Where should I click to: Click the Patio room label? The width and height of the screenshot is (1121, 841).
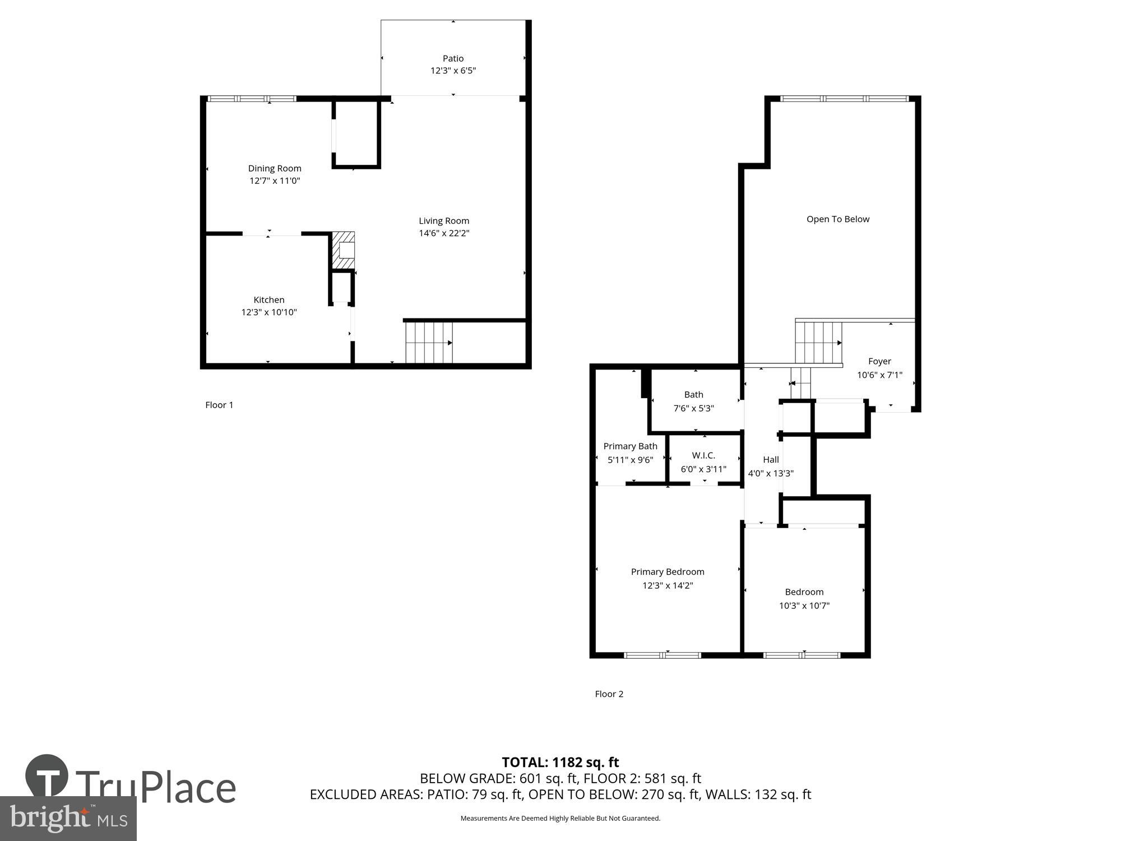pyautogui.click(x=453, y=58)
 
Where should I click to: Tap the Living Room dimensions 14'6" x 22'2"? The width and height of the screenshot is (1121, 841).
pyautogui.click(x=444, y=233)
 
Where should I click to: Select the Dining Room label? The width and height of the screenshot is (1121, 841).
pyautogui.click(x=275, y=168)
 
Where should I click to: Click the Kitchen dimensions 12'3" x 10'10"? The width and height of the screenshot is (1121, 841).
pyautogui.click(x=269, y=312)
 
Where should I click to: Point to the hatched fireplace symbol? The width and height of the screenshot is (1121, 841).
pyautogui.click(x=344, y=250)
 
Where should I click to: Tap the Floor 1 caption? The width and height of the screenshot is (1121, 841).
pyautogui.click(x=219, y=405)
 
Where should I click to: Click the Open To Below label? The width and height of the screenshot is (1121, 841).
pyautogui.click(x=838, y=219)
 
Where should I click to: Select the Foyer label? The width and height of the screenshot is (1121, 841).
pyautogui.click(x=879, y=362)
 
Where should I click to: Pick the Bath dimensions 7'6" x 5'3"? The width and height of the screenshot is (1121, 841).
pyautogui.click(x=693, y=408)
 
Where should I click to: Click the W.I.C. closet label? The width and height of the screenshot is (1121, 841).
pyautogui.click(x=703, y=455)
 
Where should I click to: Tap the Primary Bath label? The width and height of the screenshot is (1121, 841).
pyautogui.click(x=630, y=446)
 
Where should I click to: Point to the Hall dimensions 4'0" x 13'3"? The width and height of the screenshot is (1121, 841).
pyautogui.click(x=771, y=473)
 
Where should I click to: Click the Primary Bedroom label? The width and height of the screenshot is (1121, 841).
pyautogui.click(x=668, y=572)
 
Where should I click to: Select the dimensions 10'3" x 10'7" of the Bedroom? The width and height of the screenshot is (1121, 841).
pyautogui.click(x=804, y=606)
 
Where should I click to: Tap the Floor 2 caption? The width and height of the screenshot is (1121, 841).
pyautogui.click(x=609, y=694)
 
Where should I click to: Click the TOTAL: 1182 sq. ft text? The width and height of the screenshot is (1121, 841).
pyautogui.click(x=560, y=763)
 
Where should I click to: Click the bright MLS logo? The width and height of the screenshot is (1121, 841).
pyautogui.click(x=68, y=819)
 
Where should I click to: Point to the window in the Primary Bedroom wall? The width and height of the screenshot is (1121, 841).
pyautogui.click(x=663, y=655)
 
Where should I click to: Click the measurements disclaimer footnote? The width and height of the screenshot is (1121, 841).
pyautogui.click(x=560, y=819)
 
